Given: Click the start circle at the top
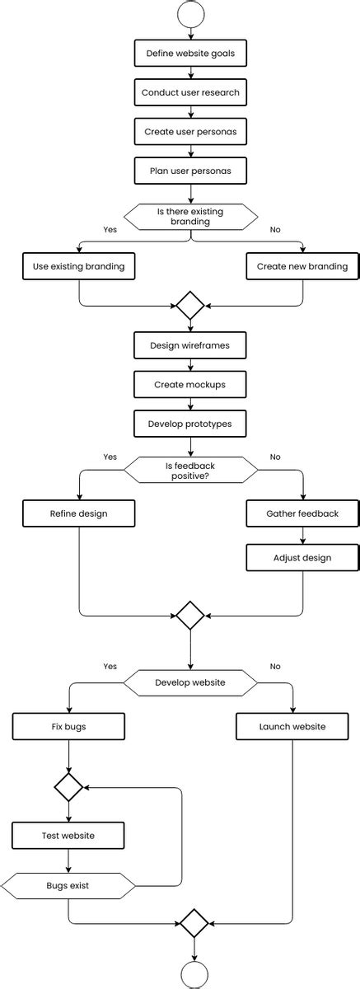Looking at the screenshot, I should tap(190, 14).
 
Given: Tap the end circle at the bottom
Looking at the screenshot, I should tap(194, 975).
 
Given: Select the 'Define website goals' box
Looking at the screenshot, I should tap(190, 53).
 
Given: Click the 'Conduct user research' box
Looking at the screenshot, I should tap(190, 92).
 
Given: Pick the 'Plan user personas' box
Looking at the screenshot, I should tap(190, 171).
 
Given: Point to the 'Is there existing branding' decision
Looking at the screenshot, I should tap(190, 217).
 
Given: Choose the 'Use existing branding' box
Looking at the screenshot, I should tap(79, 266).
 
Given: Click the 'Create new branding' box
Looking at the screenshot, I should tap(302, 266).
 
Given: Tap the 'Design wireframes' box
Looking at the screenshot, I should tap(190, 345).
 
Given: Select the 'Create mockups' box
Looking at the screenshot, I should tap(190, 385).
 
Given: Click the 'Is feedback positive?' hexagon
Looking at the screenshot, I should tap(190, 470).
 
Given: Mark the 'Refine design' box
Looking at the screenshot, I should tap(79, 513).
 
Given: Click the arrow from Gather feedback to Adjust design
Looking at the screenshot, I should tap(302, 536).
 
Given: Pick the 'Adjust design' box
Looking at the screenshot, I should tap(302, 558).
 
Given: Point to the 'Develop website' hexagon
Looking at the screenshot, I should tap(190, 682).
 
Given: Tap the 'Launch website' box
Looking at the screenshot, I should tap(292, 727).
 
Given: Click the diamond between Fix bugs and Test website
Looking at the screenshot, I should tap(68, 787).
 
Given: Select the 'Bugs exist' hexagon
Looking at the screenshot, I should tap(68, 887).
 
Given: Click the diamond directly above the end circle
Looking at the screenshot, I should tap(194, 923).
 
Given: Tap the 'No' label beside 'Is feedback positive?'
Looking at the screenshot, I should tap(275, 457).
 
